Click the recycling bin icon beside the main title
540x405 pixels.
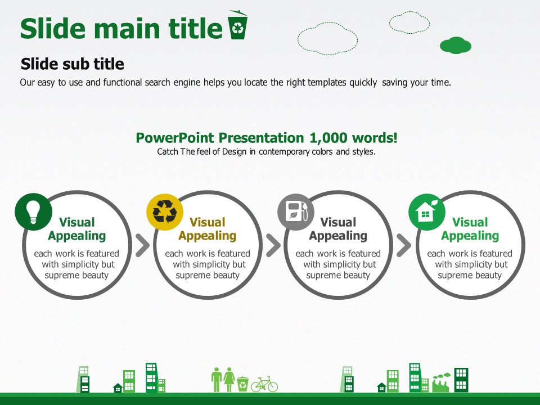coord(237,25)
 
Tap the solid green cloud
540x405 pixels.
coord(455,45)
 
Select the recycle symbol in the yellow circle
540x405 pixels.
coord(165,212)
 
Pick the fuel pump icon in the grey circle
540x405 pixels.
coord(296,211)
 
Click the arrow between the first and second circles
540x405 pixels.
coord(142,246)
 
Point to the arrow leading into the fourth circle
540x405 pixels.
coord(404,246)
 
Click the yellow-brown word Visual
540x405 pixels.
coord(208,222)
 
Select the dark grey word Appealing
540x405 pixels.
coord(338,236)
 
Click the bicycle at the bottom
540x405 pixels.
coord(264,384)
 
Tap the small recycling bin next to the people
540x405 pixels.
coord(243,384)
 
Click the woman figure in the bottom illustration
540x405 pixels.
coord(229,380)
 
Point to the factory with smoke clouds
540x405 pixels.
coord(441,382)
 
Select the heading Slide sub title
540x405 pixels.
coord(73,64)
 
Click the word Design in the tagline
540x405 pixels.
coord(234,152)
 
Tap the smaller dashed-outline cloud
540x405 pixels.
coord(409,22)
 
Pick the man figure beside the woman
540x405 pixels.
coord(217,380)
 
